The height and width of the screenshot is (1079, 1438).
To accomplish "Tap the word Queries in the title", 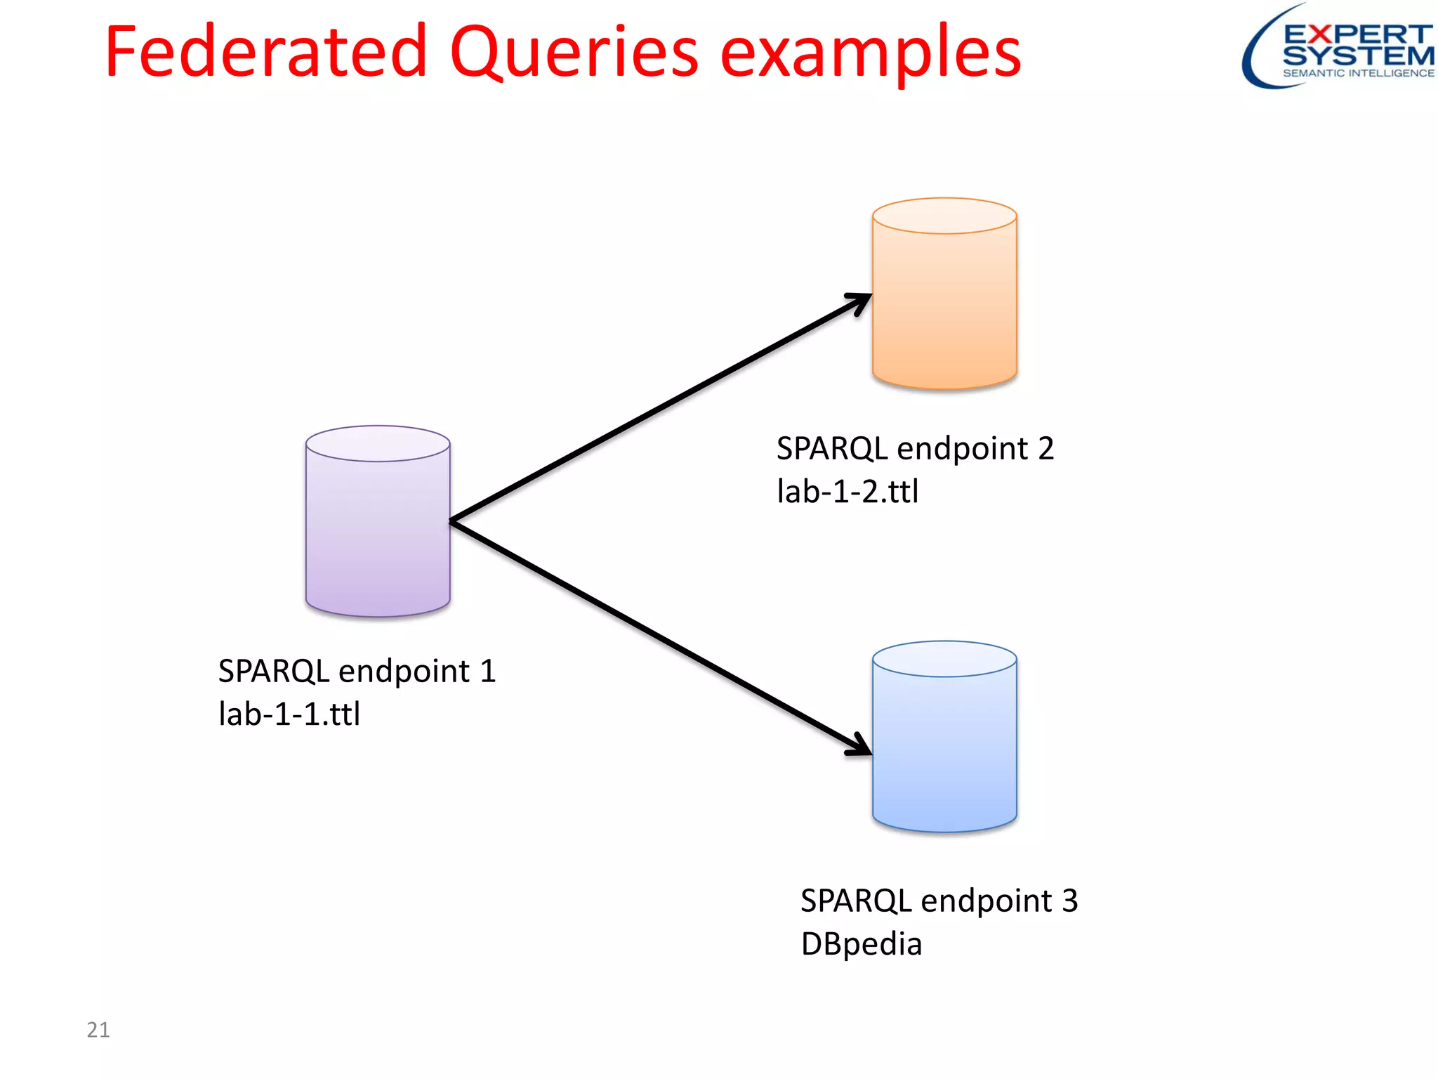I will pyautogui.click(x=574, y=53).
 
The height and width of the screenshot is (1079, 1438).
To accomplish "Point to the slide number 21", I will pyautogui.click(x=98, y=1030).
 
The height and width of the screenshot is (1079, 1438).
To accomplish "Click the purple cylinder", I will pyautogui.click(x=378, y=534).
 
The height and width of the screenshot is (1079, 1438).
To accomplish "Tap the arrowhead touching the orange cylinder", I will pyautogui.click(x=861, y=302).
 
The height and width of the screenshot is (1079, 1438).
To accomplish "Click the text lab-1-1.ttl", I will pyautogui.click(x=289, y=714).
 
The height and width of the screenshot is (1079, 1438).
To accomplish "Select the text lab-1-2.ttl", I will pyautogui.click(x=847, y=492).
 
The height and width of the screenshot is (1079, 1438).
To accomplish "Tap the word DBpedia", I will pyautogui.click(x=861, y=944).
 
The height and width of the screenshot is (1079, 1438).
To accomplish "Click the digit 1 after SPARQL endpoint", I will pyautogui.click(x=488, y=672).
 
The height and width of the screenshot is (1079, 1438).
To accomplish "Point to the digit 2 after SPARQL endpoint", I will pyautogui.click(x=1045, y=449).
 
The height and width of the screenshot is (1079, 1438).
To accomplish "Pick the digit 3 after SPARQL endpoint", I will pyautogui.click(x=1069, y=901).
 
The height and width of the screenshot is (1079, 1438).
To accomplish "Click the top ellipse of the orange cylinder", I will pyautogui.click(x=944, y=216).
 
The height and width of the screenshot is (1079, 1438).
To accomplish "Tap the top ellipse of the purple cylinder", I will pyautogui.click(x=378, y=443).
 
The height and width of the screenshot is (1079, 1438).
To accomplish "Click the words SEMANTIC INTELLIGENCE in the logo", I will pyautogui.click(x=1358, y=73).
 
